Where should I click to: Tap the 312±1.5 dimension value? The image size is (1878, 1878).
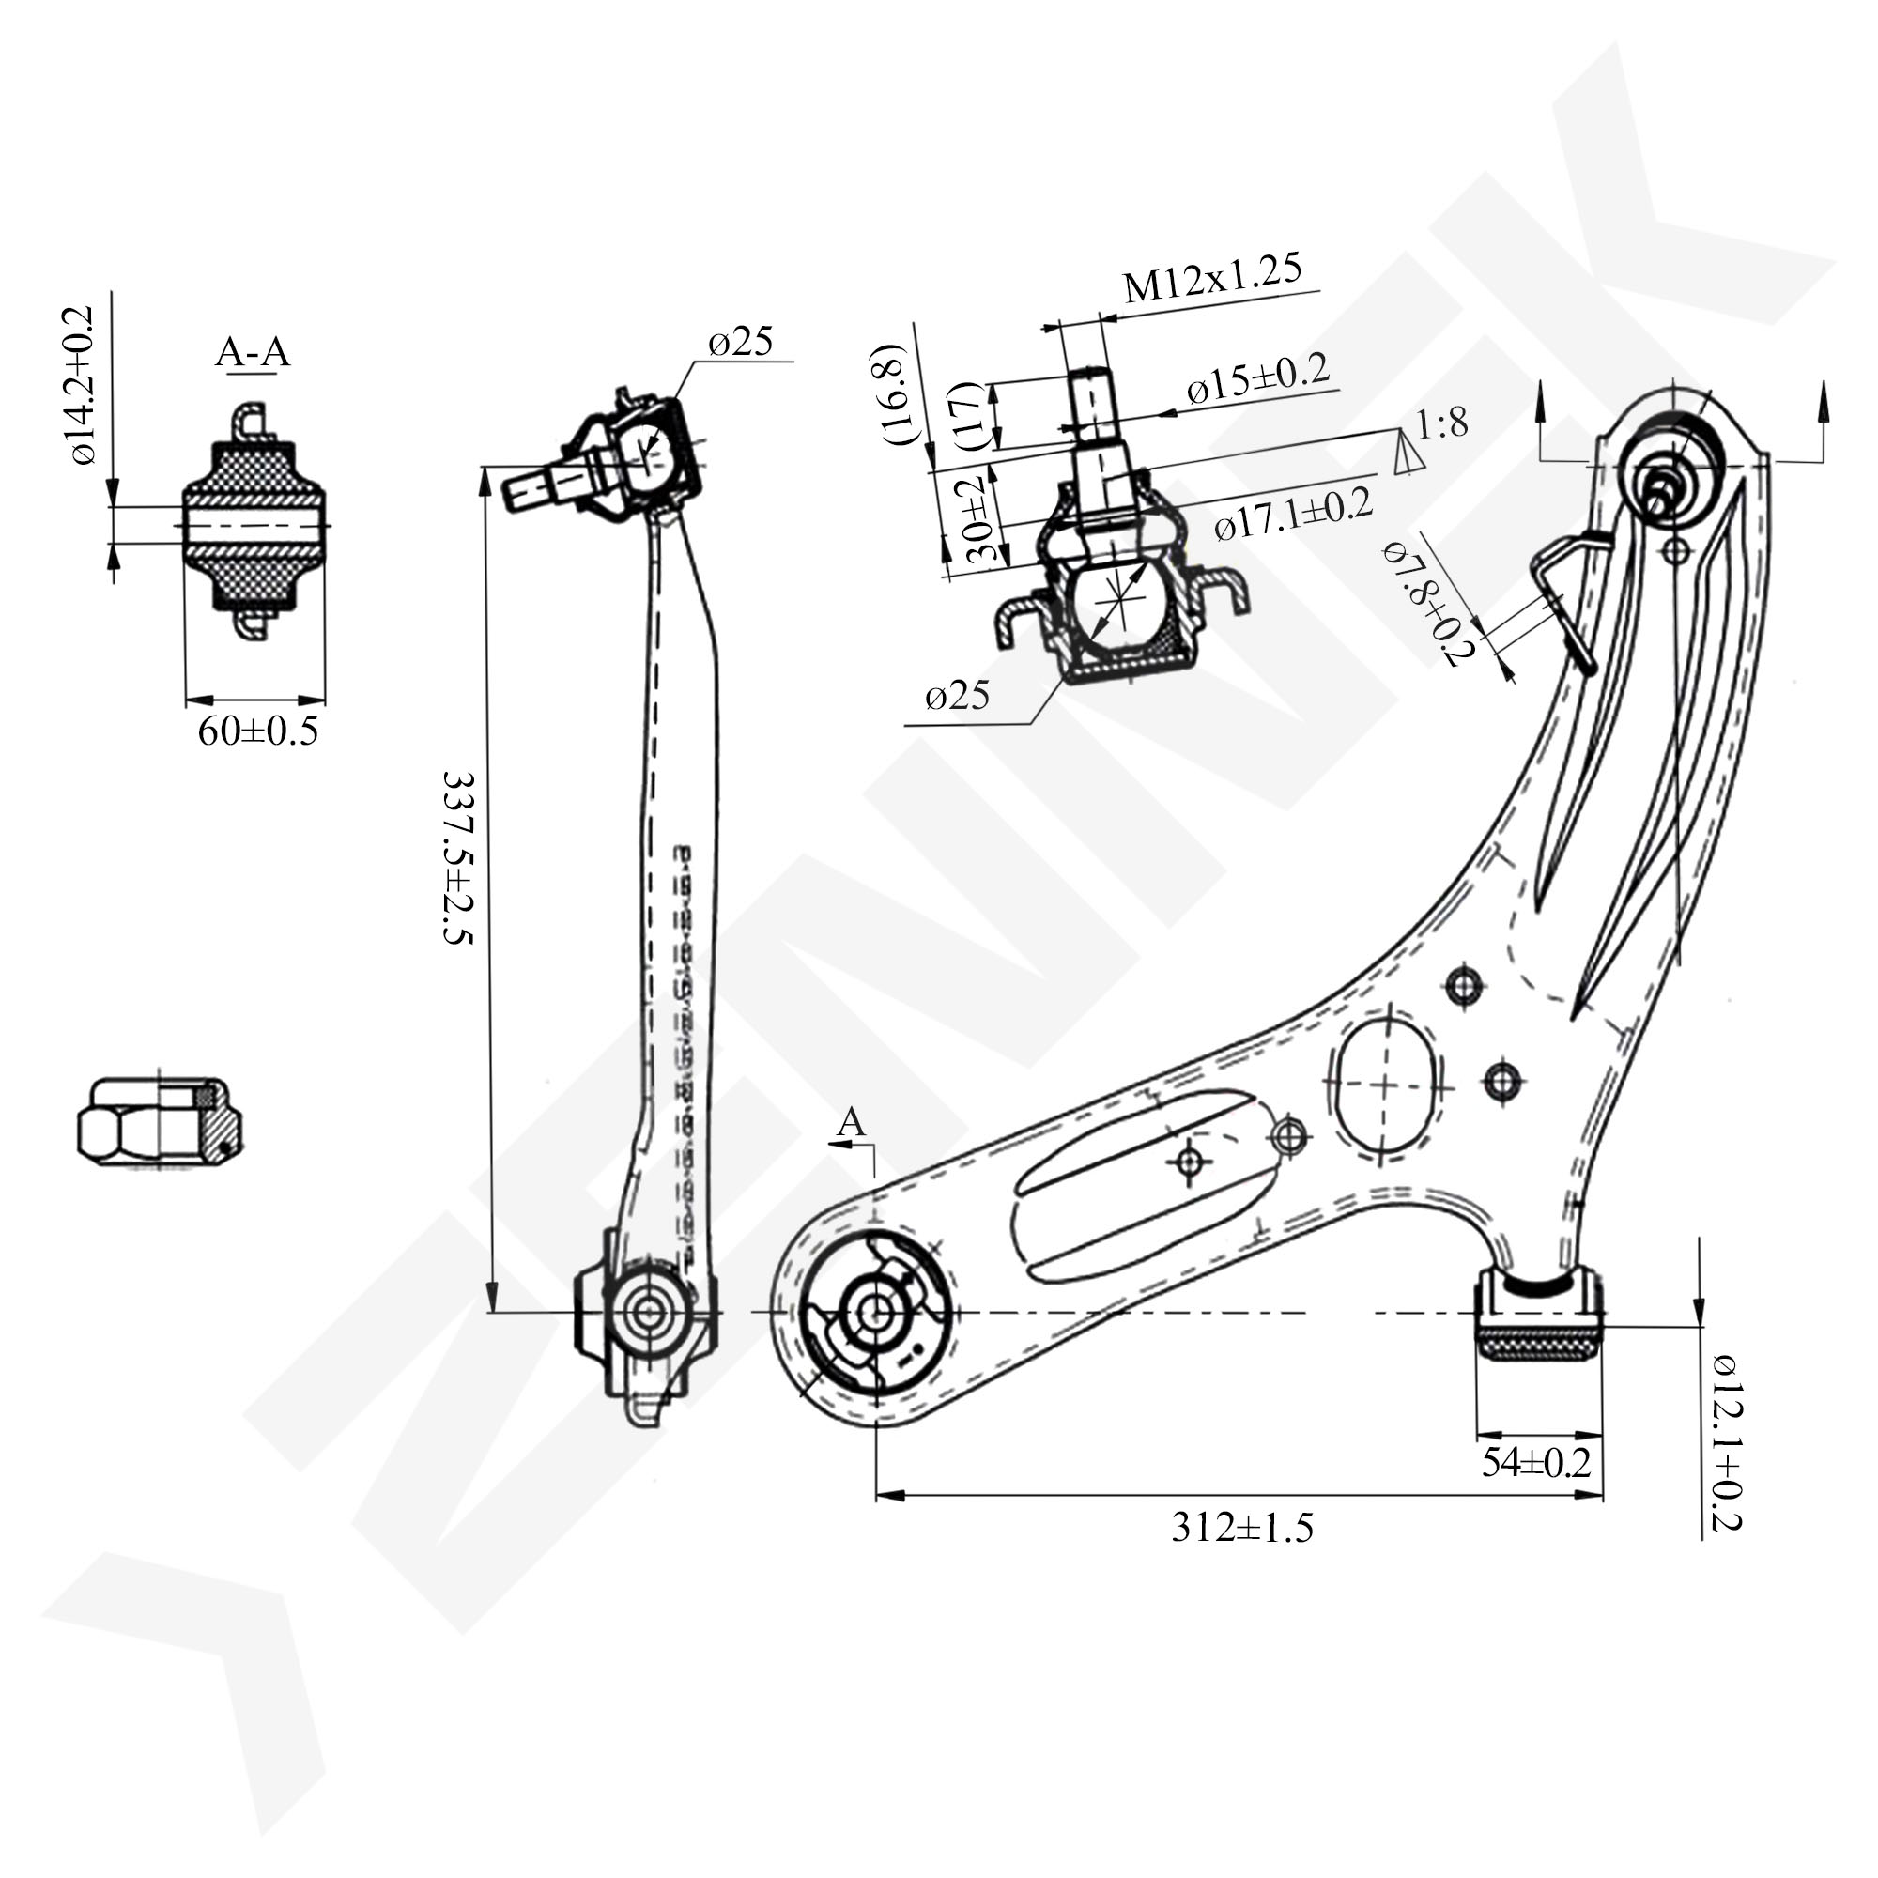1242,1528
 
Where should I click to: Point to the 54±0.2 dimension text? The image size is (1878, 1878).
1536,1489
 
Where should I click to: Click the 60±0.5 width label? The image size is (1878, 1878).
257,731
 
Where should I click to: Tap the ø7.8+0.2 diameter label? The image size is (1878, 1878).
1428,604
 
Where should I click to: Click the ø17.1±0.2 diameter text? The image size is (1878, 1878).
1294,515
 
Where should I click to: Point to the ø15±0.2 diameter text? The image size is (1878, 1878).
1258,379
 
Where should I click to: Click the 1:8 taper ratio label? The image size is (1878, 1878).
1441,423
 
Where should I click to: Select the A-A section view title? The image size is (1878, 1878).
253,352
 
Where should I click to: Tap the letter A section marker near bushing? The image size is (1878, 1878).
851,1122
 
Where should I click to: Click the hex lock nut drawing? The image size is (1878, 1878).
161,1121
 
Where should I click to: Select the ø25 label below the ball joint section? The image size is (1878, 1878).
958,695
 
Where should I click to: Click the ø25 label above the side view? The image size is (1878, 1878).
741,341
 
